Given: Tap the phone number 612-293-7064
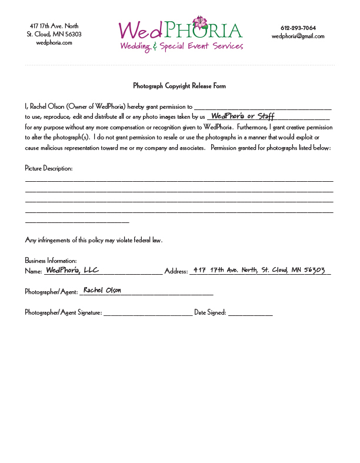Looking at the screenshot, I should tap(298, 28).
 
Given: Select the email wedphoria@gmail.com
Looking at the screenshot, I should tap(298, 36).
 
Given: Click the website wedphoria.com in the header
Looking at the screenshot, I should tap(54, 42).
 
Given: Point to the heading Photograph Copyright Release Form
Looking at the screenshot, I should tap(179, 86).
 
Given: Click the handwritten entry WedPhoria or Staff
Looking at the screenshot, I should tap(242, 116).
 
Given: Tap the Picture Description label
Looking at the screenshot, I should tap(49, 169).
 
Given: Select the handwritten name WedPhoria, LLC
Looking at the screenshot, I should tap(72, 270).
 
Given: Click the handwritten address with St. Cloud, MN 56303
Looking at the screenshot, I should tap(259, 270).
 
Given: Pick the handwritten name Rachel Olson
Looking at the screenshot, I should tap(102, 290).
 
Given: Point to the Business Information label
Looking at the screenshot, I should tap(51, 260).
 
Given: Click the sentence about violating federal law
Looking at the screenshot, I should tap(94, 240).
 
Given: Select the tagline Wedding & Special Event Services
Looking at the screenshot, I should tap(181, 46).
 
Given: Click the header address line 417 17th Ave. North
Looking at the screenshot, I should tap(54, 26).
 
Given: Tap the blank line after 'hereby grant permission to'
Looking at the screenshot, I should tap(262, 108).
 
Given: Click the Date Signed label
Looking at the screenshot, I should tap(210, 312).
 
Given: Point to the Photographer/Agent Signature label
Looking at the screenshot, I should tap(64, 312).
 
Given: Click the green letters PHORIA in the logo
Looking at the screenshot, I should tap(205, 31).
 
